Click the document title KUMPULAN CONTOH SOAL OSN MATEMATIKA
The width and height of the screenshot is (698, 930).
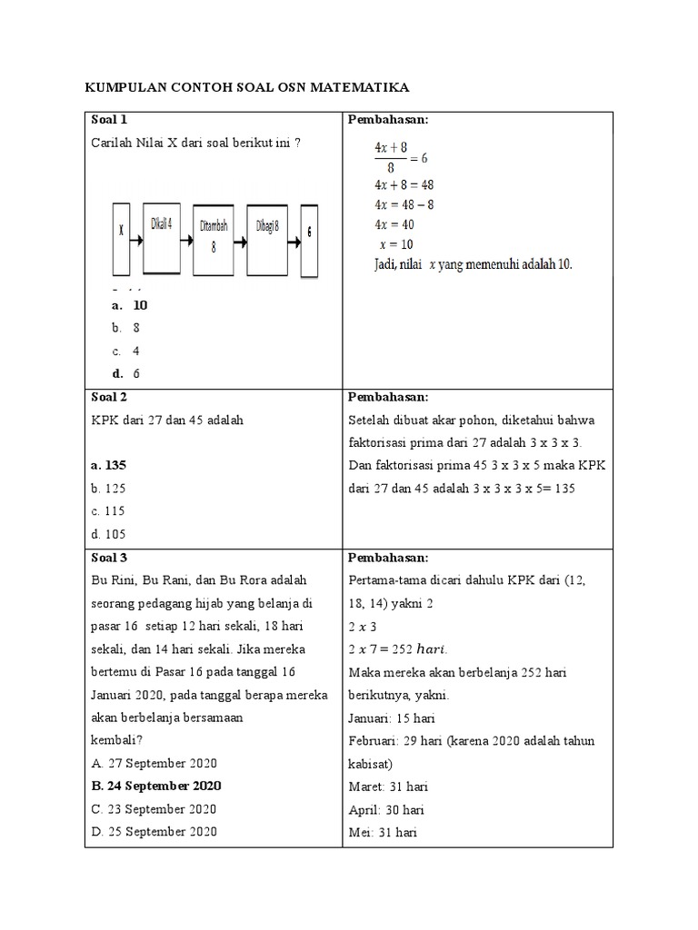tap(246, 87)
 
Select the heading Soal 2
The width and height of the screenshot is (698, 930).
tap(109, 397)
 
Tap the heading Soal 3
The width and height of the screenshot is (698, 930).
tap(109, 557)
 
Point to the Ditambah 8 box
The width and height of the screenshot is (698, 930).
tap(214, 236)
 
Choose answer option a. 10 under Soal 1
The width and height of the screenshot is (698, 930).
tap(130, 305)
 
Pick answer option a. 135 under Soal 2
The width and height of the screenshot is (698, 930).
tap(109, 465)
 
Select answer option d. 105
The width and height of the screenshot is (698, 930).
tap(108, 533)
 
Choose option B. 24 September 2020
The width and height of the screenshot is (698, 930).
tap(156, 786)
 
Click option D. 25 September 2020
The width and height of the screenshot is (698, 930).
tap(155, 831)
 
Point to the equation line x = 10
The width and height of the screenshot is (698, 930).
tap(394, 244)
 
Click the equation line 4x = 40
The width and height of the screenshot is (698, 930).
tap(394, 224)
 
